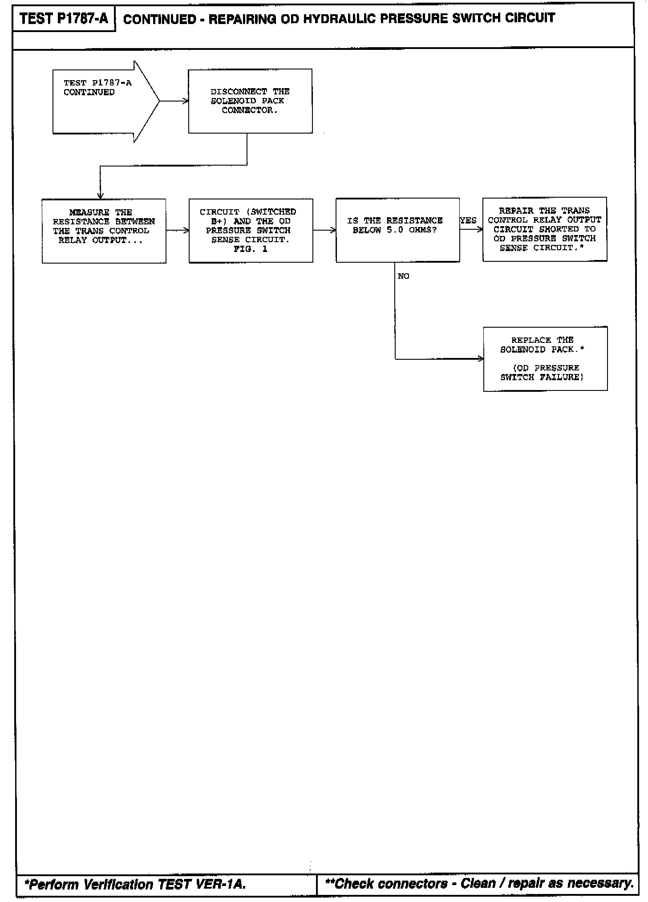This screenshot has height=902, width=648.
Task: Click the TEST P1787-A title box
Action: click(x=64, y=19)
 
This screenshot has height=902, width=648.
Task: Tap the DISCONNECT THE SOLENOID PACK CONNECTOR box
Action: click(x=250, y=101)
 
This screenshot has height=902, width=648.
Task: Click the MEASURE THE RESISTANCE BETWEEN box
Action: click(x=104, y=231)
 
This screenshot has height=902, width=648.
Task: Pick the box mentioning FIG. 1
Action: click(x=251, y=231)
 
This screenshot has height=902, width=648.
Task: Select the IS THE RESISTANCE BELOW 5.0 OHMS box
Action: click(x=397, y=230)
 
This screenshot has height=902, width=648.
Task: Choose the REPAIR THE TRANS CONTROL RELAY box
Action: click(x=545, y=229)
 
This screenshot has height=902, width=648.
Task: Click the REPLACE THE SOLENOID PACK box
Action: click(x=545, y=359)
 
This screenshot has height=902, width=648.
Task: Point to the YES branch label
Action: click(x=468, y=221)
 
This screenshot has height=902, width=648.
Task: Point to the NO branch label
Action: click(x=403, y=276)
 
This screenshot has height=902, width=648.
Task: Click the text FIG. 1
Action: click(x=251, y=249)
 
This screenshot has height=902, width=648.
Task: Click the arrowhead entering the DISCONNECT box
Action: click(x=186, y=101)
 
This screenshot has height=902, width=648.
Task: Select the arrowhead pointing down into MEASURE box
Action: click(x=100, y=196)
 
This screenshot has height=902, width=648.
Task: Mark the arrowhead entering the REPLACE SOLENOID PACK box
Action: click(x=481, y=359)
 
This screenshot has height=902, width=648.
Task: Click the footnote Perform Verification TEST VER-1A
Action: click(x=135, y=884)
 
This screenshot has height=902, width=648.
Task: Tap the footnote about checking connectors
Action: click(x=479, y=883)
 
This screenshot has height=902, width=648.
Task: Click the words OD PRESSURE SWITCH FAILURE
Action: click(x=542, y=373)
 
